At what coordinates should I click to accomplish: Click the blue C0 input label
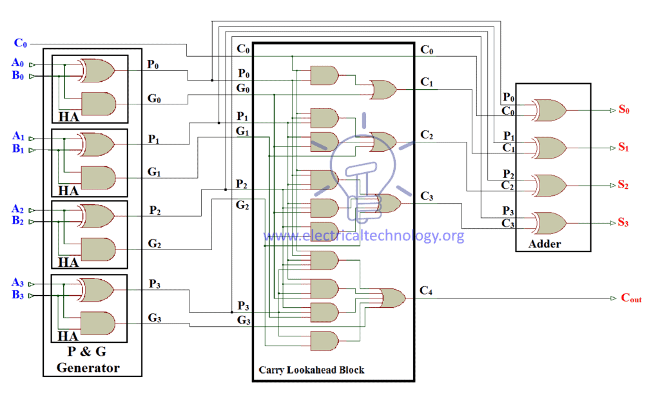coord(21,43)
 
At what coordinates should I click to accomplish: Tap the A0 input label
coord(18,63)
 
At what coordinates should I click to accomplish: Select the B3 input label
coord(18,296)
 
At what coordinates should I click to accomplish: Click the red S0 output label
coord(623,110)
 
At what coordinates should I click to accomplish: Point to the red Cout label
coord(631,298)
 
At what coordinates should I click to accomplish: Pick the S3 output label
coord(623,223)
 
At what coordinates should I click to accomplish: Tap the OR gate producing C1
coord(382,90)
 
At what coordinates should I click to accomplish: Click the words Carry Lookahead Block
coord(311,370)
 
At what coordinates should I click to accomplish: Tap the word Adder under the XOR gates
coord(545,244)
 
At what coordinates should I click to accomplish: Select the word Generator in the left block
coord(88,368)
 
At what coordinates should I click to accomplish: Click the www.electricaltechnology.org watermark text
coord(364,236)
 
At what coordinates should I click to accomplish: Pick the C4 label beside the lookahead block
coord(426,291)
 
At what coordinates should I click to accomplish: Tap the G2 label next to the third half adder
coord(155,244)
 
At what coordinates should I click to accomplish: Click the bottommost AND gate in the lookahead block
coord(324,340)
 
